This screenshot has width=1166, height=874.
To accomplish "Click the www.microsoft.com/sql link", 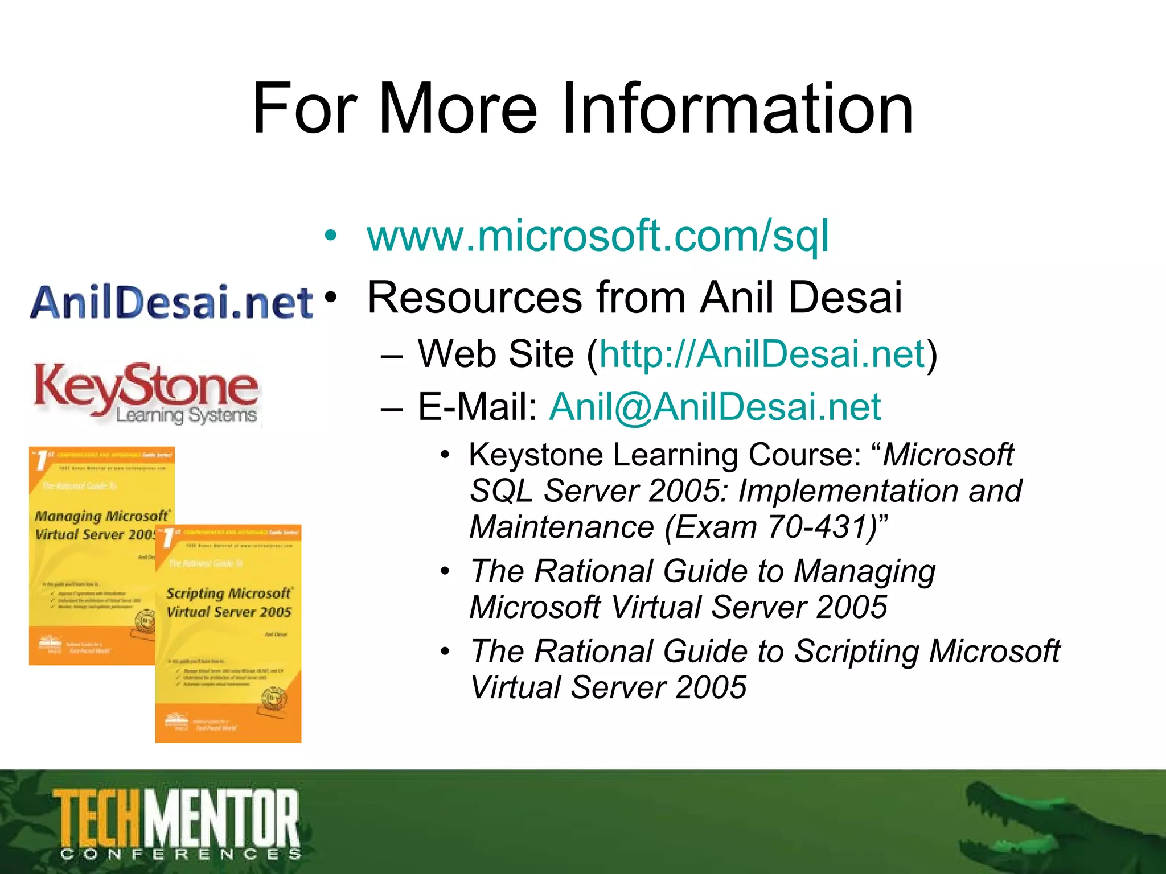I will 598,236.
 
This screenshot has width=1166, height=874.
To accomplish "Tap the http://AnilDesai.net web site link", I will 762,354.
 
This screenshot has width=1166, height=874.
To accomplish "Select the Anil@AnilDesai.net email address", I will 715,407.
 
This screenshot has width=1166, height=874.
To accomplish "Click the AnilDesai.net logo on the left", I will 171,302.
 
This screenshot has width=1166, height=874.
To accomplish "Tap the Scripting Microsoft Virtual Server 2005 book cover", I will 228,634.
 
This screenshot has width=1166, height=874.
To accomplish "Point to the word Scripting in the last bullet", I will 856,652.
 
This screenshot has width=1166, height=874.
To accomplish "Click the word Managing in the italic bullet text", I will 864,571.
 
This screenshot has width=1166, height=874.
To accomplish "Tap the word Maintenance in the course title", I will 561,527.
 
